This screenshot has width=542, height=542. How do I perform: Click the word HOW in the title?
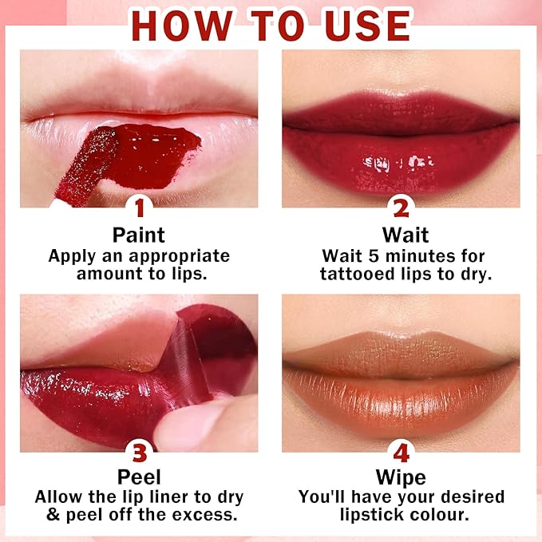coord(182,26)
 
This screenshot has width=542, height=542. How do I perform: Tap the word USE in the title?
coord(368,26)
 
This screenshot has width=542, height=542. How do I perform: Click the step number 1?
coord(140,208)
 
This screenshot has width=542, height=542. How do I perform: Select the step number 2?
coord(401,208)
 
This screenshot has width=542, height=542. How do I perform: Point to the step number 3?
coord(140,453)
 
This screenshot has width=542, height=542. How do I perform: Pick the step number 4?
coord(401,453)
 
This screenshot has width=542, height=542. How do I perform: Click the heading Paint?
coord(139,235)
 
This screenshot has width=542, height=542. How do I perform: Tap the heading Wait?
coord(406,235)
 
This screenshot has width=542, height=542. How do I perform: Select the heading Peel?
coord(139,477)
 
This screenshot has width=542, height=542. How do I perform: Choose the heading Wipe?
coord(401,477)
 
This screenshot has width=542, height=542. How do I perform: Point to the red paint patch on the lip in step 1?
coord(152,156)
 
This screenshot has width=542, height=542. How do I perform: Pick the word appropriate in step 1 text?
coord(179,257)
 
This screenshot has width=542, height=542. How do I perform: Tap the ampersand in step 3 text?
coord(53,514)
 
